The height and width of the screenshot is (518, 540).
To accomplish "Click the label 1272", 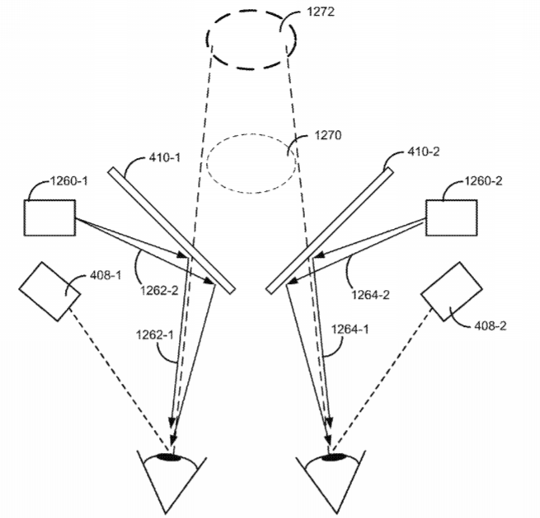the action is tap(320, 12).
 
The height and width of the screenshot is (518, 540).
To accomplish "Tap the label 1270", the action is tap(328, 135).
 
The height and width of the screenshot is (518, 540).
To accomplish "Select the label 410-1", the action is tap(165, 158).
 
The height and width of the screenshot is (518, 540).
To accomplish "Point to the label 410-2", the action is tap(423, 152).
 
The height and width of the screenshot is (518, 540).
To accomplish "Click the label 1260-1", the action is tap(69, 181).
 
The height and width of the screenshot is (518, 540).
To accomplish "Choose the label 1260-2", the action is tap(483, 181).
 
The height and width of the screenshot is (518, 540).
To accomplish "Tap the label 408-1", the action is tap(106, 275).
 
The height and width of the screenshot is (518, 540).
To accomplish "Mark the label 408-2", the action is tap(491, 326).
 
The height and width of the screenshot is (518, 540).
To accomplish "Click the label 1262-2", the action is tap(159, 291).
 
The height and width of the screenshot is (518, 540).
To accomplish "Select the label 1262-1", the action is tap(155, 334).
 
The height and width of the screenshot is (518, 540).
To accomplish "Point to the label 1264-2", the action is tap(370, 295).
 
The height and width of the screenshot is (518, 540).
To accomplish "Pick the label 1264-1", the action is tap(350, 329).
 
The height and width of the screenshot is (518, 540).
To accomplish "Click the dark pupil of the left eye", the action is tap(169, 457).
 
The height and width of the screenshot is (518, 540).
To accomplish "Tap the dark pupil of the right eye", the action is tap(333, 457).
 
